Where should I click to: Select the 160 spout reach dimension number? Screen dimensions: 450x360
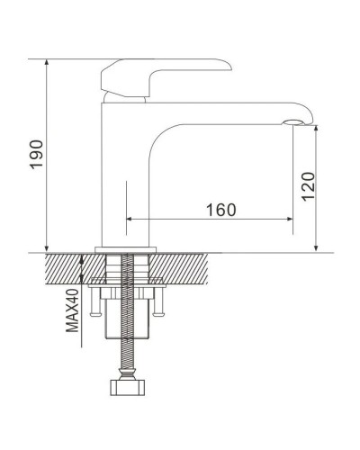220,210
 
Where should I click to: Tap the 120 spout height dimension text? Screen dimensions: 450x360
309,187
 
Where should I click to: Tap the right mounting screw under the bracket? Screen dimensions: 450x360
160,309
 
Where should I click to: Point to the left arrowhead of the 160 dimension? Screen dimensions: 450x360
130,219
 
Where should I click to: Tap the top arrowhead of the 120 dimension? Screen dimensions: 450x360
318,129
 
